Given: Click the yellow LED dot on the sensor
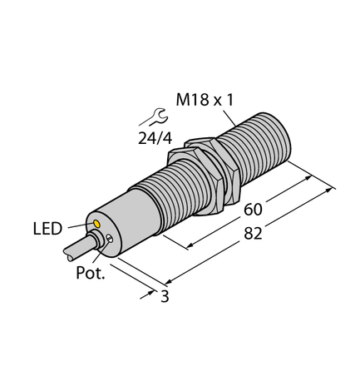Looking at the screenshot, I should tap(99, 224).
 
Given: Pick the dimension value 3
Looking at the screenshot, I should tap(164, 296).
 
